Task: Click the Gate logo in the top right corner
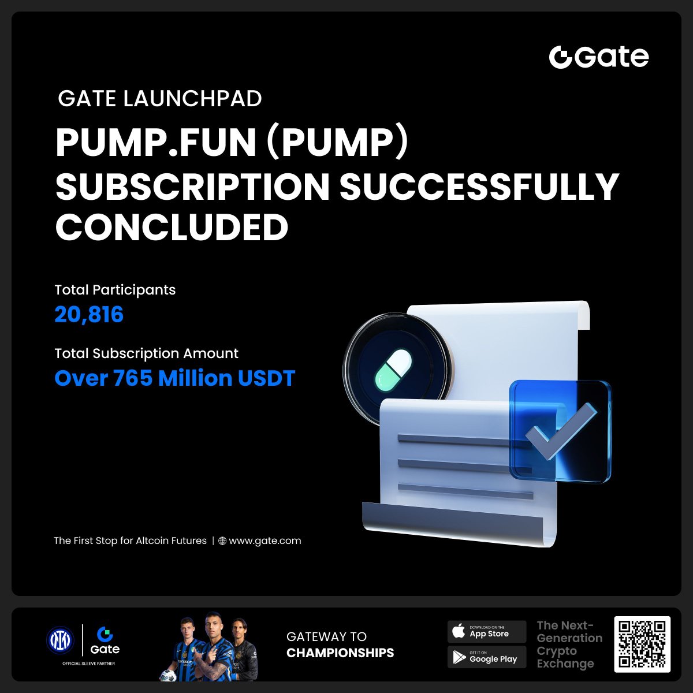point(599,57)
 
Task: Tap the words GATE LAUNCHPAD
point(160,99)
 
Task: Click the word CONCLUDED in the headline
point(172,227)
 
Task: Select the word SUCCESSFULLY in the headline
point(479,187)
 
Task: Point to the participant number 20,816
point(89,314)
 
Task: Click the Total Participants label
point(115,290)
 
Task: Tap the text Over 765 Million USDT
point(175,378)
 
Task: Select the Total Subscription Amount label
point(146,353)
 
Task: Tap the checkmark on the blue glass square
point(561,430)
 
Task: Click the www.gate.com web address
point(265,541)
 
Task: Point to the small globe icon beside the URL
point(222,541)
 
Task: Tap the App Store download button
point(487,632)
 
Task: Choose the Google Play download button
point(487,657)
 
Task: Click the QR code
point(642,644)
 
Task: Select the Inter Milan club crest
point(60,640)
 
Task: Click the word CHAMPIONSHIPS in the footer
point(340,653)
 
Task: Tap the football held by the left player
point(168,675)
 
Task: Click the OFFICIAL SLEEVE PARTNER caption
point(88,664)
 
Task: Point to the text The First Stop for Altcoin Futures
point(130,541)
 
